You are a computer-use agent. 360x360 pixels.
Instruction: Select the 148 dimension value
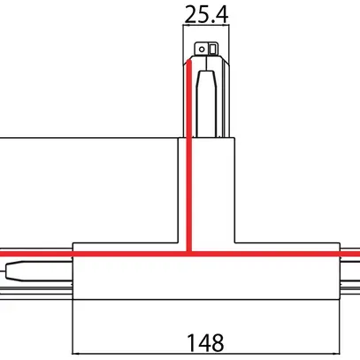click(203, 340)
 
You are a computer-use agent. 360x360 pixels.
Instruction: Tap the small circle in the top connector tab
click(202, 48)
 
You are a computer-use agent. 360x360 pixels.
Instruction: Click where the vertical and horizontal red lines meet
click(188, 253)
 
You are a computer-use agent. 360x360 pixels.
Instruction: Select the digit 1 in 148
click(188, 340)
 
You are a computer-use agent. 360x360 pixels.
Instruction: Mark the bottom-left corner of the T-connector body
click(73, 299)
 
